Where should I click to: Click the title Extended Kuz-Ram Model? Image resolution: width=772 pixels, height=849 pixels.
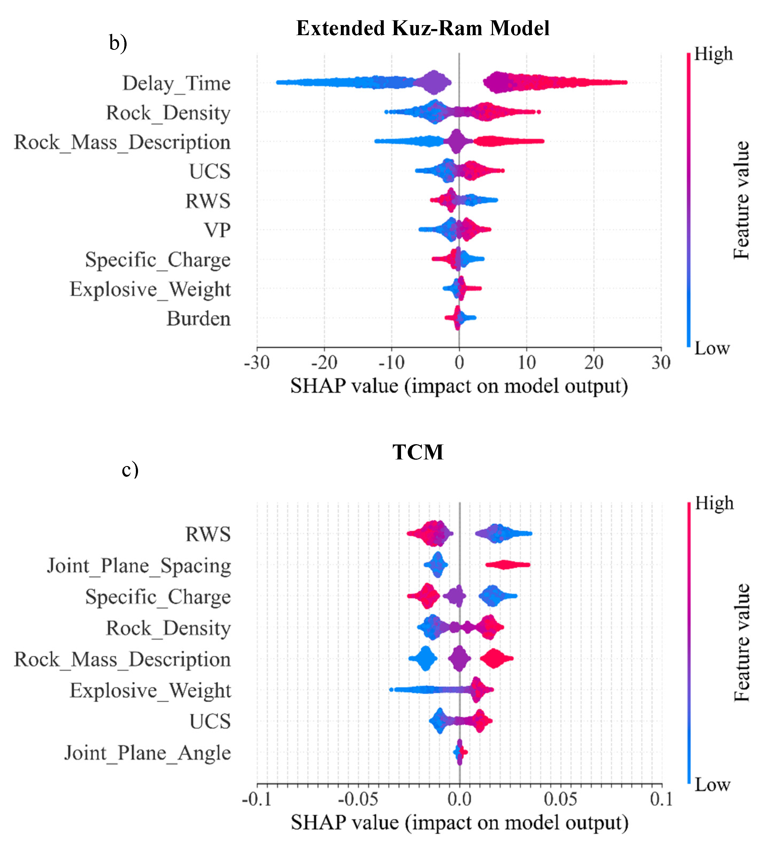(422, 29)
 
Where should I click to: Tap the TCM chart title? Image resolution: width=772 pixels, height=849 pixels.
(418, 452)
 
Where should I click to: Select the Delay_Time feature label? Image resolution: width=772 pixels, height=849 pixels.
(176, 83)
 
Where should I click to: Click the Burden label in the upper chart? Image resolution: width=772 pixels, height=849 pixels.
(198, 319)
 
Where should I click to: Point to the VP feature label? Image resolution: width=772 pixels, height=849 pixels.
(217, 230)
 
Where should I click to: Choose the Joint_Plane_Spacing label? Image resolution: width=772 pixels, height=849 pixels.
(139, 565)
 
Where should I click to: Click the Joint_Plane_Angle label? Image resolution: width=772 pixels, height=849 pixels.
(147, 753)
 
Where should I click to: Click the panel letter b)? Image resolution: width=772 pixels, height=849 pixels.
(118, 43)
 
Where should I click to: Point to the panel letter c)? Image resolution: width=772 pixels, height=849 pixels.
(130, 469)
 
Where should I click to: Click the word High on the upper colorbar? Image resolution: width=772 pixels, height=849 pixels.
(713, 54)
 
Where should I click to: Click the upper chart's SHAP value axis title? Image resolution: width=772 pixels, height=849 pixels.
(459, 386)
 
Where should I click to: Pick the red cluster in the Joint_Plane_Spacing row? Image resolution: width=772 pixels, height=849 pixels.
(507, 565)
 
